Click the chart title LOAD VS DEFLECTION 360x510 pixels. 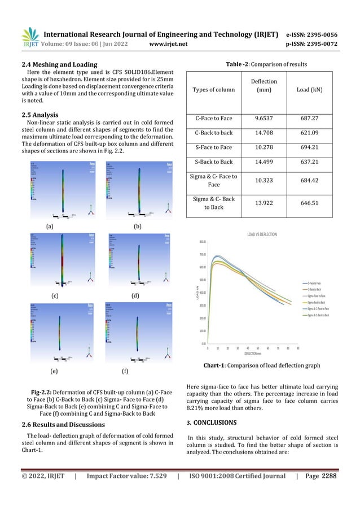tap(261, 234)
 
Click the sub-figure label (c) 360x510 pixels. tap(55, 295)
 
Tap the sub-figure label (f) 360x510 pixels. tap(126, 372)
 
